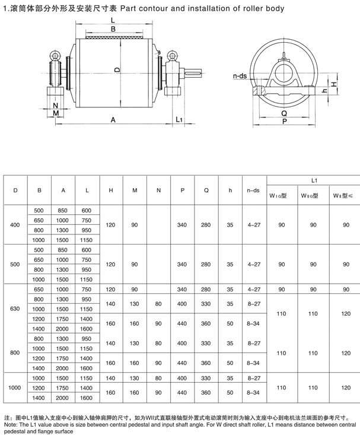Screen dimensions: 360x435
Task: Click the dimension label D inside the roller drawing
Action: pyautogui.click(x=117, y=69)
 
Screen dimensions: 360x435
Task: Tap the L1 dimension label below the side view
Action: pyautogui.click(x=179, y=119)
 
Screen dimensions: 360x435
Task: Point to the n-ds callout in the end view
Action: pyautogui.click(x=240, y=76)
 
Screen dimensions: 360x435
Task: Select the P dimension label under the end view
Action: pyautogui.click(x=284, y=121)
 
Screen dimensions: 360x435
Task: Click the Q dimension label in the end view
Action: pyautogui.click(x=284, y=113)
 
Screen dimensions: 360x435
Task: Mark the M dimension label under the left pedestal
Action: pyautogui.click(x=56, y=113)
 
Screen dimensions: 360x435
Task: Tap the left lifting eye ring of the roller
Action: pyautogui.click(x=55, y=55)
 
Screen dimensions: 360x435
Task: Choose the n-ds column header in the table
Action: pyautogui.click(x=253, y=190)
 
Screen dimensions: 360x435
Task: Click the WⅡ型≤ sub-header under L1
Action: pyautogui.click(x=343, y=196)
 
